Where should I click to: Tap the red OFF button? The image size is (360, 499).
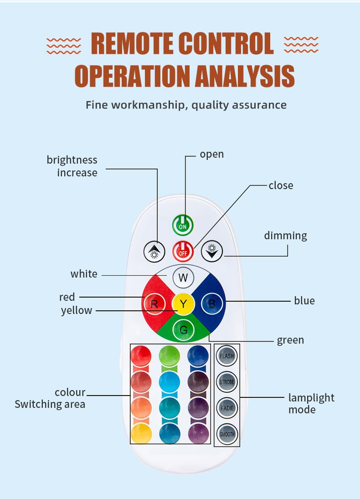click(x=183, y=252)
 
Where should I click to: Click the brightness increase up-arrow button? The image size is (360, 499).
click(x=154, y=252)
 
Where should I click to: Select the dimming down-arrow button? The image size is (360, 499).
click(x=212, y=251)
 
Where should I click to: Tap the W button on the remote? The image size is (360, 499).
click(x=183, y=278)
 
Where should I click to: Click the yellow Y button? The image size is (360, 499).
click(x=183, y=304)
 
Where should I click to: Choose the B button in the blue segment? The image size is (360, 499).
click(x=212, y=304)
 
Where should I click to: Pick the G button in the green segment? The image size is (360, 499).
click(x=183, y=329)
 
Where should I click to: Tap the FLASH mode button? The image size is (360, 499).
click(x=226, y=356)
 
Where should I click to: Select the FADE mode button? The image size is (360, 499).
click(x=227, y=408)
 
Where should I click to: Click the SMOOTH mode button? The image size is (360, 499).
click(x=227, y=434)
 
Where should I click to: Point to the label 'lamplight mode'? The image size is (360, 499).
click(x=311, y=403)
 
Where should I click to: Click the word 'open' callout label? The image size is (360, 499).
click(x=212, y=154)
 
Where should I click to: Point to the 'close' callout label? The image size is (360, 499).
click(x=281, y=185)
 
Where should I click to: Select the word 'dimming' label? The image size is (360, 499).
click(x=286, y=236)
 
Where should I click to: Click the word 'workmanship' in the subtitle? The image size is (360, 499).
click(x=149, y=105)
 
